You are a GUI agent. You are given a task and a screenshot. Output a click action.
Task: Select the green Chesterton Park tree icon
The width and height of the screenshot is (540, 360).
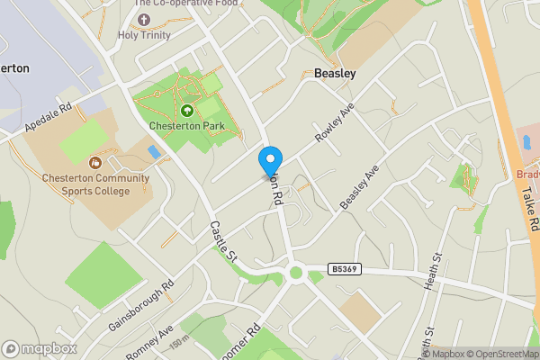click(x=187, y=111)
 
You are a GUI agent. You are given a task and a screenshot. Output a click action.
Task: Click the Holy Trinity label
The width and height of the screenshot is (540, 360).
click(x=144, y=35)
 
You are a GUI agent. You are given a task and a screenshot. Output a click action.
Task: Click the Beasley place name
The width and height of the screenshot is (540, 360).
click(x=335, y=73)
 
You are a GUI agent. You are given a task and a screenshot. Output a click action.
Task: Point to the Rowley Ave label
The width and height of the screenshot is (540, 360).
click(x=335, y=126)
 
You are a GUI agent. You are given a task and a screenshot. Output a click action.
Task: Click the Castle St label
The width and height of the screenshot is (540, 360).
click(x=222, y=242)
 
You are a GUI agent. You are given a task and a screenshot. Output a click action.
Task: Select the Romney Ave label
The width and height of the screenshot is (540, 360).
click(x=148, y=343)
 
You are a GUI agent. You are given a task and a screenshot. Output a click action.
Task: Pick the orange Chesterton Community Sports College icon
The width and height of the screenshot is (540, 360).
click(x=95, y=162)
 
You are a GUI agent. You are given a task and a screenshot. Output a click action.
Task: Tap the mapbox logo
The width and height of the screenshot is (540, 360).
click(x=40, y=348)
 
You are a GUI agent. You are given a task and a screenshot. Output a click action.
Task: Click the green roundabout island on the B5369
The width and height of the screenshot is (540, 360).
click(x=295, y=272)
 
